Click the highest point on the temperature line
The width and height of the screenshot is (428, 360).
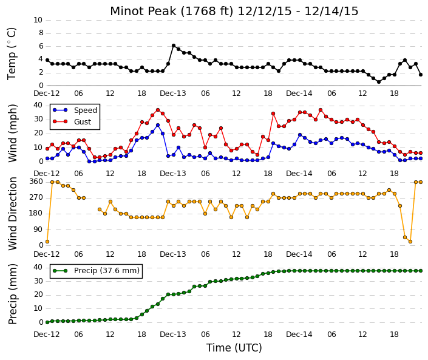pos(174,46)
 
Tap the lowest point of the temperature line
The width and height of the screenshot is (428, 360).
pos(379,82)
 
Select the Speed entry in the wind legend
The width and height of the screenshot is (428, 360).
pos(75,110)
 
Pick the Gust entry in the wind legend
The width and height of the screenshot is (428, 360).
pos(72,122)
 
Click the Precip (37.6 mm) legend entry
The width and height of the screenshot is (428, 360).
pos(96,271)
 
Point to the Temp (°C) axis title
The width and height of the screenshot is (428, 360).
pos(12,54)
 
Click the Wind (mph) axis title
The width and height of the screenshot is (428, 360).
pos(13,134)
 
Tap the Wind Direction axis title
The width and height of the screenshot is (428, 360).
pos(13,214)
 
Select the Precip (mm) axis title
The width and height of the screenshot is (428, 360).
pos(13,294)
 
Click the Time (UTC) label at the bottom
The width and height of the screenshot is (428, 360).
pos(234,348)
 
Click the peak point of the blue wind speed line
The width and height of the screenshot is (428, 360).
pos(158,125)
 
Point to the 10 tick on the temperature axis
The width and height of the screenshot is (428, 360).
pos(38,20)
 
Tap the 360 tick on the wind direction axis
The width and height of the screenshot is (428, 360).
pos(36,182)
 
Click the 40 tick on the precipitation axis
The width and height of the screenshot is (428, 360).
pos(38,267)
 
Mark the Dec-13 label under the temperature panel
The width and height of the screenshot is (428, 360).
pos(173,93)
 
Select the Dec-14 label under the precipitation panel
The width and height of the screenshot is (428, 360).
pos(299,335)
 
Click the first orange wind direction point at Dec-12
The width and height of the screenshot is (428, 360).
pos(47,242)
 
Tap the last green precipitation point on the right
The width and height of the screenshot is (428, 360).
pos(421,271)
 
